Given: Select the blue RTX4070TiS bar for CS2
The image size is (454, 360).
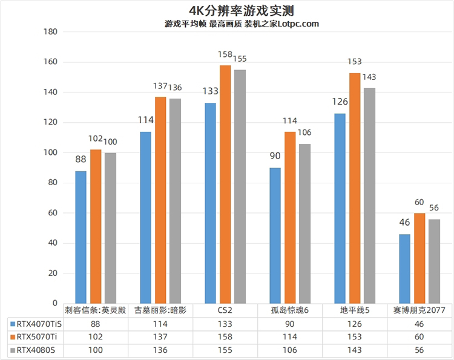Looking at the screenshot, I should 210,203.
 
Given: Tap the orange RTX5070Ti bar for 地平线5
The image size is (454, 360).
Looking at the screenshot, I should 354,188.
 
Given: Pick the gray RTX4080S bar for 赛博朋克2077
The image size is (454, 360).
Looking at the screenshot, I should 434,261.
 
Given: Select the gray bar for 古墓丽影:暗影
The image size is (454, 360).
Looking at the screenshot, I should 175,200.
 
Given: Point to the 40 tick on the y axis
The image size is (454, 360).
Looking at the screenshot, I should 53,243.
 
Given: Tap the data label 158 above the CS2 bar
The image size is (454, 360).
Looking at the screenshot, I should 225,55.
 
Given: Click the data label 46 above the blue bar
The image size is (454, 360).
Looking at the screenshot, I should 405,223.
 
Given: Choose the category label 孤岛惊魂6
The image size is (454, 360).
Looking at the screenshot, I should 290,310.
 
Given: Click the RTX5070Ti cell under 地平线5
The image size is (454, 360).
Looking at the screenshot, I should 355,336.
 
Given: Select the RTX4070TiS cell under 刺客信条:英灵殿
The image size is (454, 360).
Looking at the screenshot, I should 96,324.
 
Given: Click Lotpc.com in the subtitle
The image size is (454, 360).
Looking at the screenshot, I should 296,24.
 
